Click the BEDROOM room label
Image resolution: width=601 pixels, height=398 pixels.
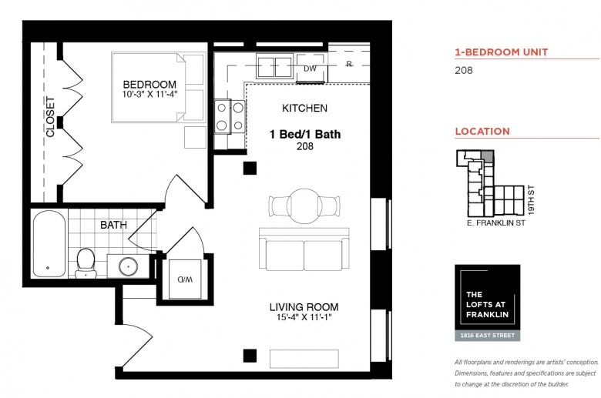(x=149, y=84)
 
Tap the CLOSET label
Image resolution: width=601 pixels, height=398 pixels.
(x=50, y=117)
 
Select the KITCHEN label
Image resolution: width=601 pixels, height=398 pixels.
(x=304, y=109)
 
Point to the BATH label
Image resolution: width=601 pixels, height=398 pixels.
(x=113, y=225)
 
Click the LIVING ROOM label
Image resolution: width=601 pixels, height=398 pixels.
(x=304, y=307)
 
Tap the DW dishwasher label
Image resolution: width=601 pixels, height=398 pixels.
(x=310, y=69)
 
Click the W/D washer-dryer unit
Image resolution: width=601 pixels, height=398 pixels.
(x=185, y=279)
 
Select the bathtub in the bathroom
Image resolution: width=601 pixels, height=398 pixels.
(x=49, y=243)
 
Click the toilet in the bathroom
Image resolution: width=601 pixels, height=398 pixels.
(x=86, y=263)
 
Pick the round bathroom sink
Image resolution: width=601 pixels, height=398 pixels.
(x=129, y=266)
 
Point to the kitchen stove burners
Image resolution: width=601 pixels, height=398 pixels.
(x=230, y=116)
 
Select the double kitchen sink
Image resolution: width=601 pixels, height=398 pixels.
(x=274, y=68)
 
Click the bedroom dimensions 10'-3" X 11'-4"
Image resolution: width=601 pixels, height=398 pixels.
(x=150, y=95)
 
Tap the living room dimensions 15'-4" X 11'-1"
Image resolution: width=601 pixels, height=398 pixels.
(x=304, y=318)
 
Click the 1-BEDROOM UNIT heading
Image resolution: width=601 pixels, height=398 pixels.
(x=502, y=52)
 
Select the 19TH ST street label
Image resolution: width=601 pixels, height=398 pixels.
(x=531, y=200)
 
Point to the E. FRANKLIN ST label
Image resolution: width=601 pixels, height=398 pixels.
(x=496, y=223)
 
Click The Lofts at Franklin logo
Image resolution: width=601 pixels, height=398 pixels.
(x=488, y=303)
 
